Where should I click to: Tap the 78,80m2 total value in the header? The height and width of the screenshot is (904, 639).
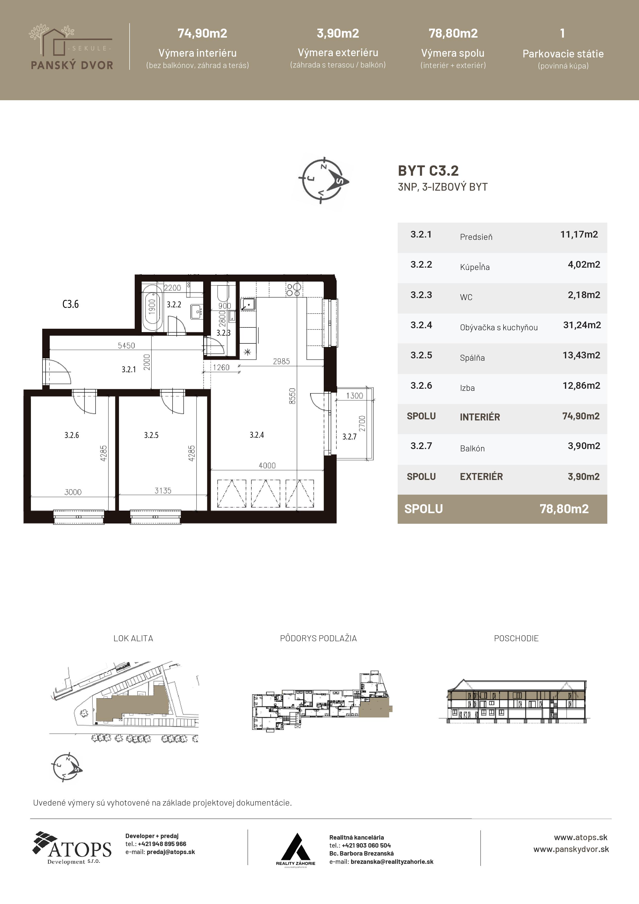(x=453, y=33)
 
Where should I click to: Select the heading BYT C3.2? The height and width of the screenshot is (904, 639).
(x=428, y=171)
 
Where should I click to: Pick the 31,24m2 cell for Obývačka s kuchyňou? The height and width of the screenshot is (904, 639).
(x=582, y=325)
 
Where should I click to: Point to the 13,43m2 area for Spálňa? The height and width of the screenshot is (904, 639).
(x=581, y=355)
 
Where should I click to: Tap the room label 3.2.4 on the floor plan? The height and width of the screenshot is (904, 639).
(x=257, y=435)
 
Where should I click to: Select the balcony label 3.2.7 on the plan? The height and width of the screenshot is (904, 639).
(x=349, y=436)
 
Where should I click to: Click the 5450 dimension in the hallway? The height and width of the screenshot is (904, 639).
(x=126, y=345)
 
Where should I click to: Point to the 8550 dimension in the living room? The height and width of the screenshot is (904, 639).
(x=292, y=396)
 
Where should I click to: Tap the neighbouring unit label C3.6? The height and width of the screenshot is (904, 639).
(x=71, y=304)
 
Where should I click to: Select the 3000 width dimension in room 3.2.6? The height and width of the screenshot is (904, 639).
(x=73, y=492)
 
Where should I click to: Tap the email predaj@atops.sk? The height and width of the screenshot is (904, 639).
(x=171, y=852)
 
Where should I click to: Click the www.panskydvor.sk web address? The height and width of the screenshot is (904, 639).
(x=571, y=849)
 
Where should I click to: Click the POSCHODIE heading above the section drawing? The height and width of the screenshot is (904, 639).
(x=516, y=638)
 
